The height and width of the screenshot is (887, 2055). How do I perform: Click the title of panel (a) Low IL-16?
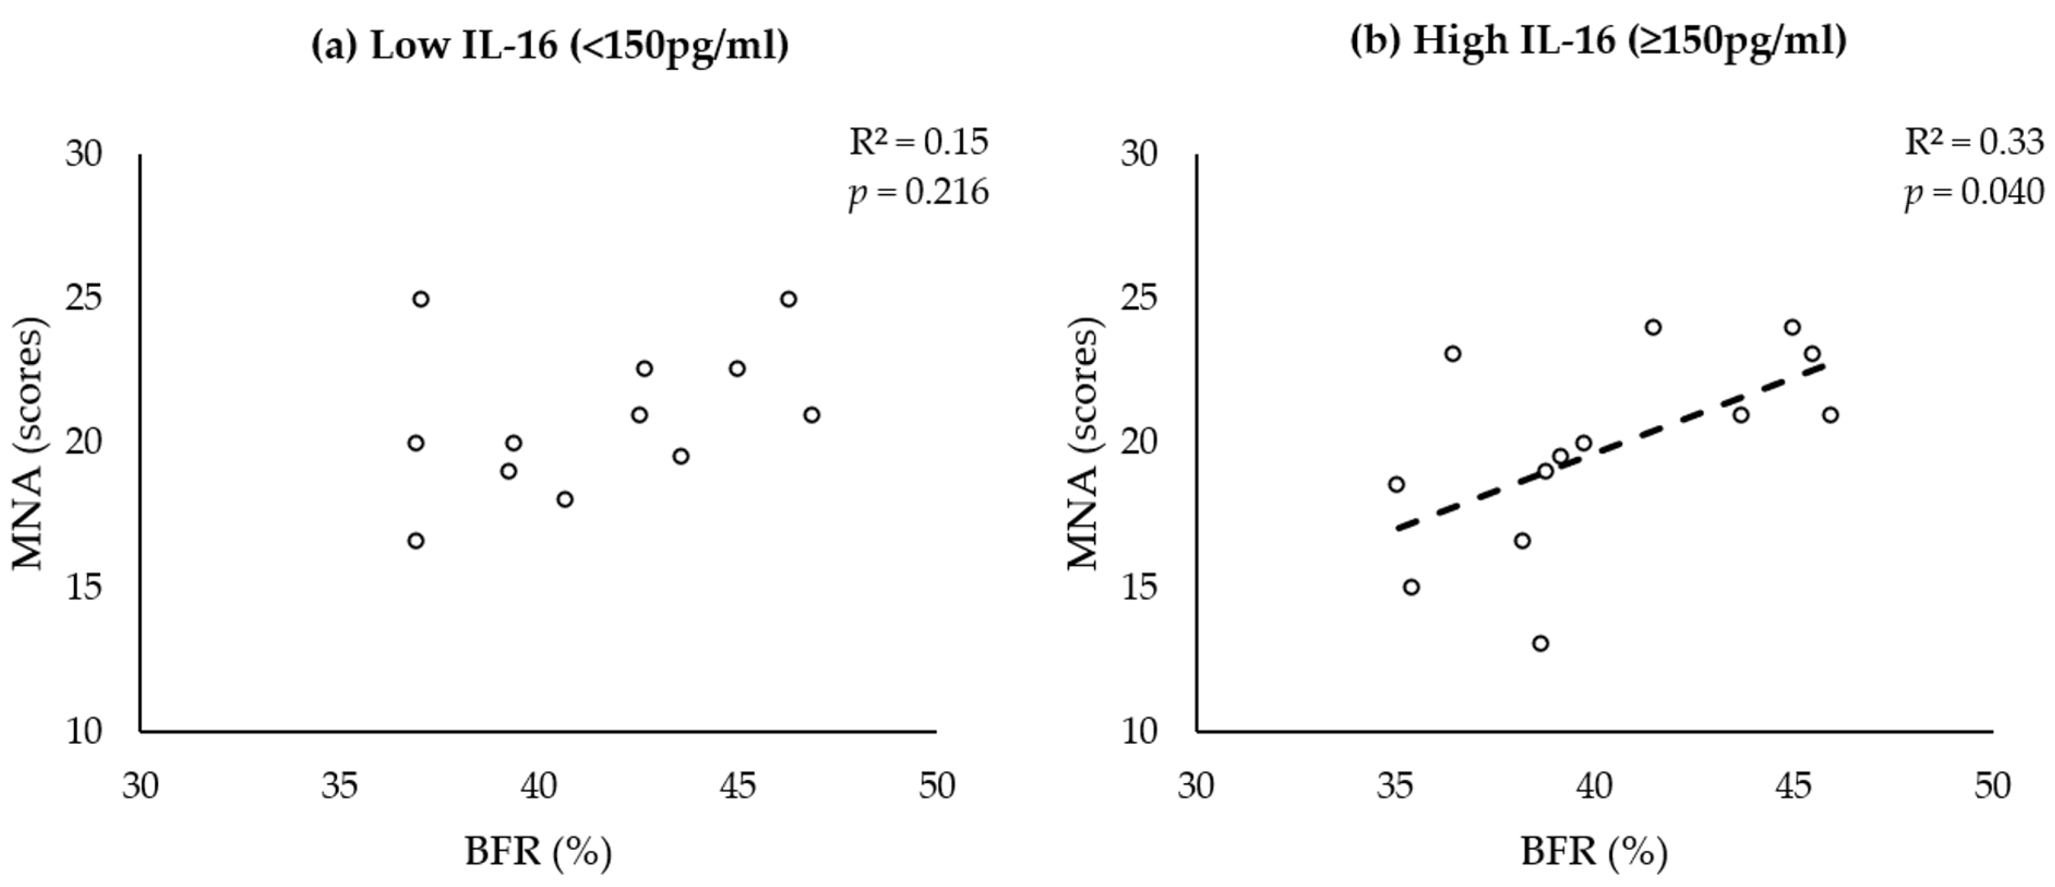coord(549,45)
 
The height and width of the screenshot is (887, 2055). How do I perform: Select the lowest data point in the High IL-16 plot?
coord(1540,643)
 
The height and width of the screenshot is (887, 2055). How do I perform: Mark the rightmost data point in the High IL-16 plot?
coord(1831,415)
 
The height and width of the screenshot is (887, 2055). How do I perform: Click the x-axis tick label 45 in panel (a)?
coord(737,786)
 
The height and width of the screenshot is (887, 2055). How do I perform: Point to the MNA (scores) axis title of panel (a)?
coord(29,443)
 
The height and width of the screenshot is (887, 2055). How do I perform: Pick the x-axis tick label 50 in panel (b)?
coord(1992,786)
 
